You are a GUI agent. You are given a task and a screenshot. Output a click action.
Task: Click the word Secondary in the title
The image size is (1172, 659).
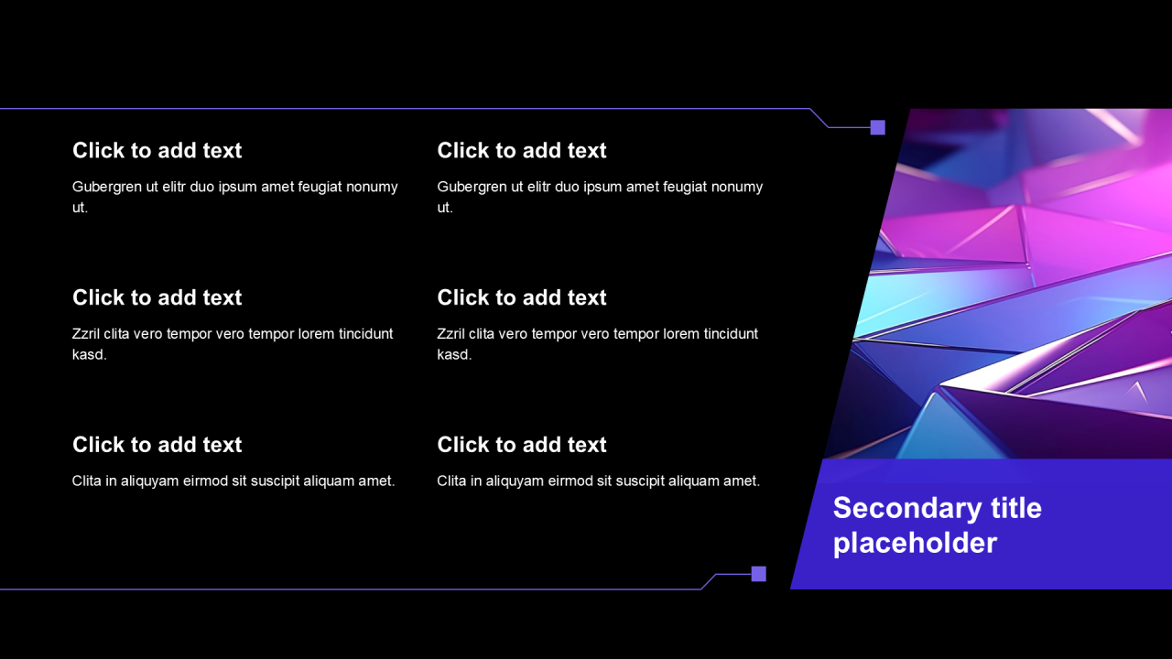click(907, 509)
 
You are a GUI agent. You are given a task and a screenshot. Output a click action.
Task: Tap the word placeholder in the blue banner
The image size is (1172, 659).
click(915, 544)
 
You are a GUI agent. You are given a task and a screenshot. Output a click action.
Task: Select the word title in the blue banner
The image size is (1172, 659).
click(1016, 508)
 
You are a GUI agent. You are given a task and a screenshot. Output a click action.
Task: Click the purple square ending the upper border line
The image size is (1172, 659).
click(878, 127)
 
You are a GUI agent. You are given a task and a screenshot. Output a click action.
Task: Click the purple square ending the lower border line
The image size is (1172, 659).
click(759, 574)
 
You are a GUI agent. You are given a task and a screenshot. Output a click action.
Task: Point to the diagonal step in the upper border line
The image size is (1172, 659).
click(819, 118)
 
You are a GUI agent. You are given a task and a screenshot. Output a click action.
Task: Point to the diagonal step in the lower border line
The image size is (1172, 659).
click(709, 581)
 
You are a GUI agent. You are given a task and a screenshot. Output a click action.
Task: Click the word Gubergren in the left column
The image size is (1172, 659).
click(107, 188)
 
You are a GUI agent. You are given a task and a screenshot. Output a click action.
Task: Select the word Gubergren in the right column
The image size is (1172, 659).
click(472, 188)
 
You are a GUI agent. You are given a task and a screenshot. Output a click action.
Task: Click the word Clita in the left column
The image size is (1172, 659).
click(86, 481)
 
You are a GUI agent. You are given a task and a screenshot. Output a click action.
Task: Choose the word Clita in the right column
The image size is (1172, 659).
click(451, 481)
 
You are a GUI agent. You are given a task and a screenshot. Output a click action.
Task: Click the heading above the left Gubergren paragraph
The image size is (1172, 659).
click(157, 151)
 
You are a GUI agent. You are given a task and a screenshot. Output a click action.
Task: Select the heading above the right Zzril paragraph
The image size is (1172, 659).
click(522, 297)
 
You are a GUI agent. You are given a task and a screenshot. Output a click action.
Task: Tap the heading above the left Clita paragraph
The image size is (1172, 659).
click(157, 445)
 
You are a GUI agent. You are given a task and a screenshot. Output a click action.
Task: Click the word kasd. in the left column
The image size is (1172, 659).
click(90, 354)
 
